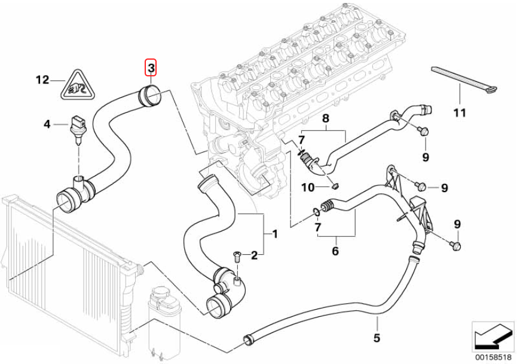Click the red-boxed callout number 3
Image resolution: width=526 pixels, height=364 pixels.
click(151, 69)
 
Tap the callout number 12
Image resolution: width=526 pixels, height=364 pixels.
click(42, 79)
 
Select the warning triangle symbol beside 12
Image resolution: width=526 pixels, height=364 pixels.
click(77, 84)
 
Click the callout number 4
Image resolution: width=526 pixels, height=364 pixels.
click(47, 124)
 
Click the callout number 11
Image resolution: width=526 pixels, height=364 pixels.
click(459, 112)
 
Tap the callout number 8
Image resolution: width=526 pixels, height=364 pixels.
click(325, 119)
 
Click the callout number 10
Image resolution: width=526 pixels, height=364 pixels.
click(308, 187)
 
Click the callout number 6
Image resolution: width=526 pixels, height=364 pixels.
click(335, 251)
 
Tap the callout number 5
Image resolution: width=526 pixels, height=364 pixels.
click(377, 338)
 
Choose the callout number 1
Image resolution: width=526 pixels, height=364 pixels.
click(275, 234)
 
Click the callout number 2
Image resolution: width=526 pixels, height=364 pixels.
click(254, 256)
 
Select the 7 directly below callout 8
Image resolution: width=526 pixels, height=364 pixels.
click(302, 140)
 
